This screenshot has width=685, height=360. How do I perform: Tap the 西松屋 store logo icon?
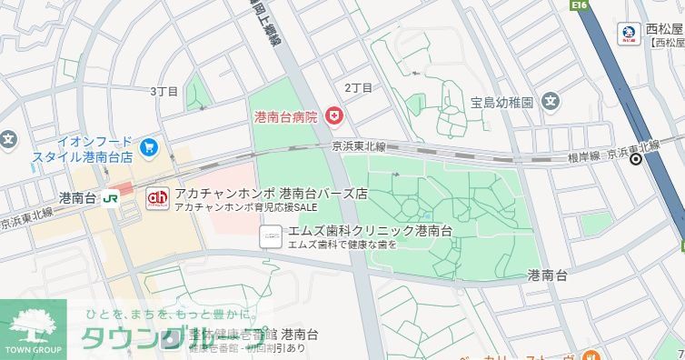coord(628,34)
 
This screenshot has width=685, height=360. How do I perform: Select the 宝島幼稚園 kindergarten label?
coord(501,102)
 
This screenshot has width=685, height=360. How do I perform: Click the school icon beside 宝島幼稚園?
coord(551,102)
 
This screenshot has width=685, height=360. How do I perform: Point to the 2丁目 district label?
coord(358,87)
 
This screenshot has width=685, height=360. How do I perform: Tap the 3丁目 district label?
coord(164,91)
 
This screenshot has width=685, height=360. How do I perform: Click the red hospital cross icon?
coord(333,116)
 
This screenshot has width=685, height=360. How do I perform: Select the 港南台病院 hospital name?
coord(286,117)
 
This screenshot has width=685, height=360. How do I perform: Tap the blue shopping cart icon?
coord(150,145)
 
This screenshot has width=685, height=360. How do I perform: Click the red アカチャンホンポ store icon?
coord(158,196)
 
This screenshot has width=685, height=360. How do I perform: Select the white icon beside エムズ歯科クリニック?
coord(270,236)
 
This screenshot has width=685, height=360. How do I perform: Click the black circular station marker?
coord(637,160)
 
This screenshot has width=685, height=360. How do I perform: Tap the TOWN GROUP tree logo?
coord(33,326)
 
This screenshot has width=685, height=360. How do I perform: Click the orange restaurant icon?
coord(589,354)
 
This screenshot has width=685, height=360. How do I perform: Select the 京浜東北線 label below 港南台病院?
coord(359,146)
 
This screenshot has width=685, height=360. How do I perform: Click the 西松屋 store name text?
coord(664,29)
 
